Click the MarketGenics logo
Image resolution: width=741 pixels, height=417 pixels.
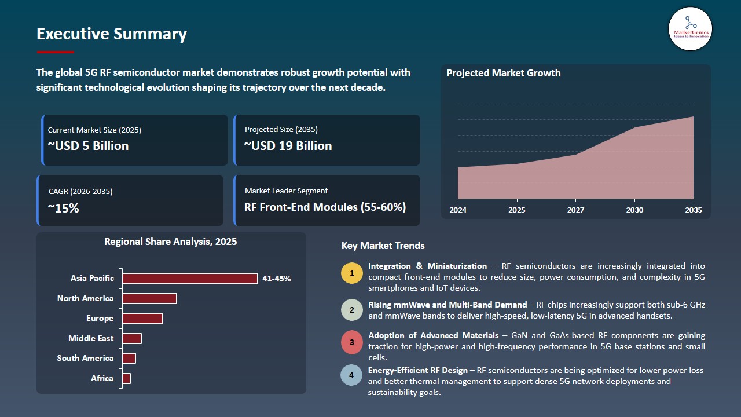(x=690, y=28)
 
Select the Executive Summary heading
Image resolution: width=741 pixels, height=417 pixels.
(x=112, y=34)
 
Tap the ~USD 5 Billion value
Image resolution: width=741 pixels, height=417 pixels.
(x=88, y=146)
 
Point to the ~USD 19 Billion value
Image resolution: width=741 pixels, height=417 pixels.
(x=288, y=146)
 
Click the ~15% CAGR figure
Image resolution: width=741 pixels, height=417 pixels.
(x=63, y=208)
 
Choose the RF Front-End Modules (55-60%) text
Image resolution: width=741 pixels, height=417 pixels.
(x=325, y=207)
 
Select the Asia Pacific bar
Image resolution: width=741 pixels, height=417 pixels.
(x=190, y=279)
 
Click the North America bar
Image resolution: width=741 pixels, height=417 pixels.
(x=149, y=298)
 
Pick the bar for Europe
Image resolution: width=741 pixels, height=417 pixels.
(x=142, y=319)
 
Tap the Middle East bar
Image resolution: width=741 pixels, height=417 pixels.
(x=132, y=338)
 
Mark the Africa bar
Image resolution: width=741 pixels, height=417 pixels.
(x=126, y=378)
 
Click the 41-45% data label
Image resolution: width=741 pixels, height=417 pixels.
(x=276, y=279)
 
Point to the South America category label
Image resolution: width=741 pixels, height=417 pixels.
(x=85, y=359)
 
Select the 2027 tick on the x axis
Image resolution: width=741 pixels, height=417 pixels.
(x=575, y=210)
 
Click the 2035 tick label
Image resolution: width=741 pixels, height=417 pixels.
(x=693, y=210)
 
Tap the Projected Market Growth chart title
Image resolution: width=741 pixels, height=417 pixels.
(x=503, y=74)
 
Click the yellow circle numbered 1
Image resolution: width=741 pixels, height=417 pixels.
(x=351, y=273)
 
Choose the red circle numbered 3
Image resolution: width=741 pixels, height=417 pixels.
(x=351, y=343)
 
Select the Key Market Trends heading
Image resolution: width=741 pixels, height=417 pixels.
(x=383, y=246)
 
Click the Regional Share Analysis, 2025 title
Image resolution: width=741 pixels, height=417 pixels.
(x=170, y=242)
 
